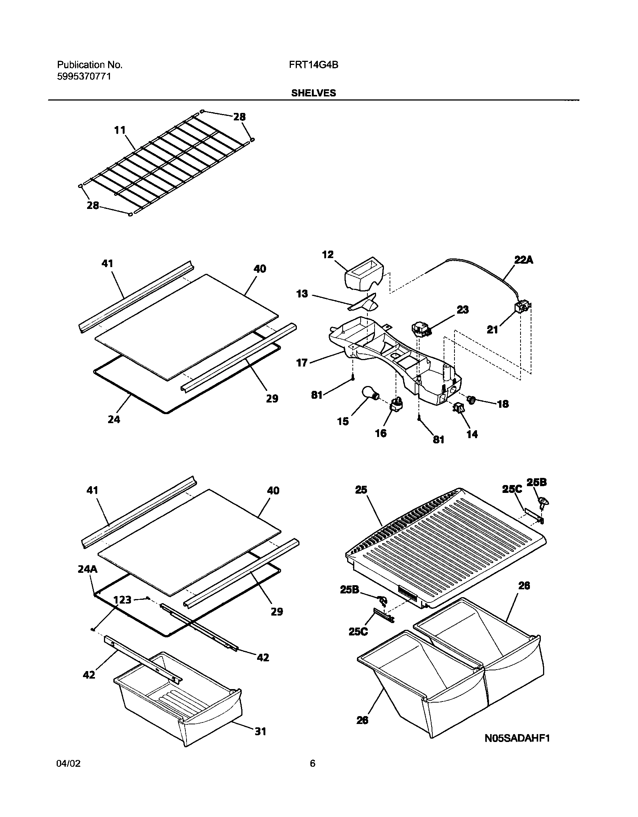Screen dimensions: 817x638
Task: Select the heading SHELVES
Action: tap(313, 93)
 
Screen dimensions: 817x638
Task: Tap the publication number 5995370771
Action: tap(84, 77)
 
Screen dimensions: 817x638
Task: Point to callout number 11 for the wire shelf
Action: tap(120, 130)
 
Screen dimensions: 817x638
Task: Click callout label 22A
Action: tap(524, 260)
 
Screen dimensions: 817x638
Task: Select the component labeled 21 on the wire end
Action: tap(521, 308)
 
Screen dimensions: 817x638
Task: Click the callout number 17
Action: tap(302, 363)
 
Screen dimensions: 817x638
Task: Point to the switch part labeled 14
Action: tap(459, 408)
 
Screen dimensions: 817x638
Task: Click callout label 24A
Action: tap(87, 569)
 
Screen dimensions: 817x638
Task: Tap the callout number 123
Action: tap(122, 600)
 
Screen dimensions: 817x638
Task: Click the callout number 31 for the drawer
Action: tap(260, 731)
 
